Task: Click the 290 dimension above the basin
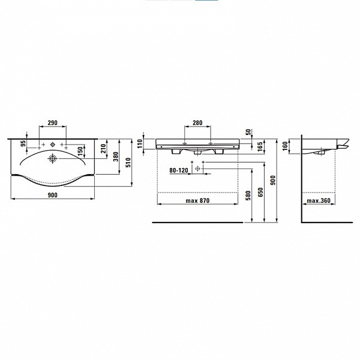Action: pos(52,122)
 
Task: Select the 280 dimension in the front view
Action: pos(197,123)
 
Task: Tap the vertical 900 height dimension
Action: pos(273,179)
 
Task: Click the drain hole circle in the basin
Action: pos(53,158)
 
